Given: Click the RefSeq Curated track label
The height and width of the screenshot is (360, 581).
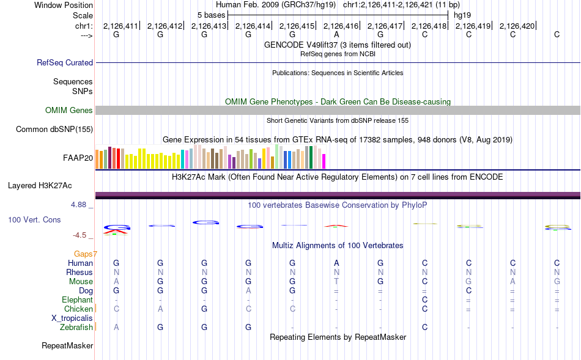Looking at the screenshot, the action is (65, 62).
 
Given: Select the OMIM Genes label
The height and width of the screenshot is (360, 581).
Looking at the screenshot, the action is (69, 111).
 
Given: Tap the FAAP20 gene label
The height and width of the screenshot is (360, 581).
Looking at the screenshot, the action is (78, 158).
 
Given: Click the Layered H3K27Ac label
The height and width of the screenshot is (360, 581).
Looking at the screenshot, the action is (40, 186).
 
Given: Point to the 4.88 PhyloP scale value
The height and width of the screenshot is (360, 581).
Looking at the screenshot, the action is (78, 205).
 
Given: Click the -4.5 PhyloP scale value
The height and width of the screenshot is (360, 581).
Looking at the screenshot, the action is (80, 235).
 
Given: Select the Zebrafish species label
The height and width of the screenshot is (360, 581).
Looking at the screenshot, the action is (76, 328).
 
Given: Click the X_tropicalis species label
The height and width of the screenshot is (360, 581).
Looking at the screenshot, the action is (72, 318).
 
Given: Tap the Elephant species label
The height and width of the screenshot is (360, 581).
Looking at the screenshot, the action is (78, 299).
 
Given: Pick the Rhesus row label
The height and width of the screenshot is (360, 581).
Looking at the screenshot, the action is (80, 272).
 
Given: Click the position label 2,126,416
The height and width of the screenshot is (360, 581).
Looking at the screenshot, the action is (341, 26).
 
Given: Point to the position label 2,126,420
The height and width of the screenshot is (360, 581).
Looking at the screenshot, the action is (517, 26).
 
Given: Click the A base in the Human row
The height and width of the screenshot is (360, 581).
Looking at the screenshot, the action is (336, 263).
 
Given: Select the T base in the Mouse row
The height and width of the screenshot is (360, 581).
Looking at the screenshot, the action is (336, 282).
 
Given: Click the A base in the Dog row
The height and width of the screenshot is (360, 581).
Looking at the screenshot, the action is (248, 291).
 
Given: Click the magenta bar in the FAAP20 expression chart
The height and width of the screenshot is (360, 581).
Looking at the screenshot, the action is (324, 161).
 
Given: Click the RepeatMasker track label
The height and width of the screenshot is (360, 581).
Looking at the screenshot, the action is (67, 346).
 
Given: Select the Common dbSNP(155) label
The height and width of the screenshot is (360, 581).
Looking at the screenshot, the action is (54, 129).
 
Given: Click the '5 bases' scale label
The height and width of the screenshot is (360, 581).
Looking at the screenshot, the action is (211, 15).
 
